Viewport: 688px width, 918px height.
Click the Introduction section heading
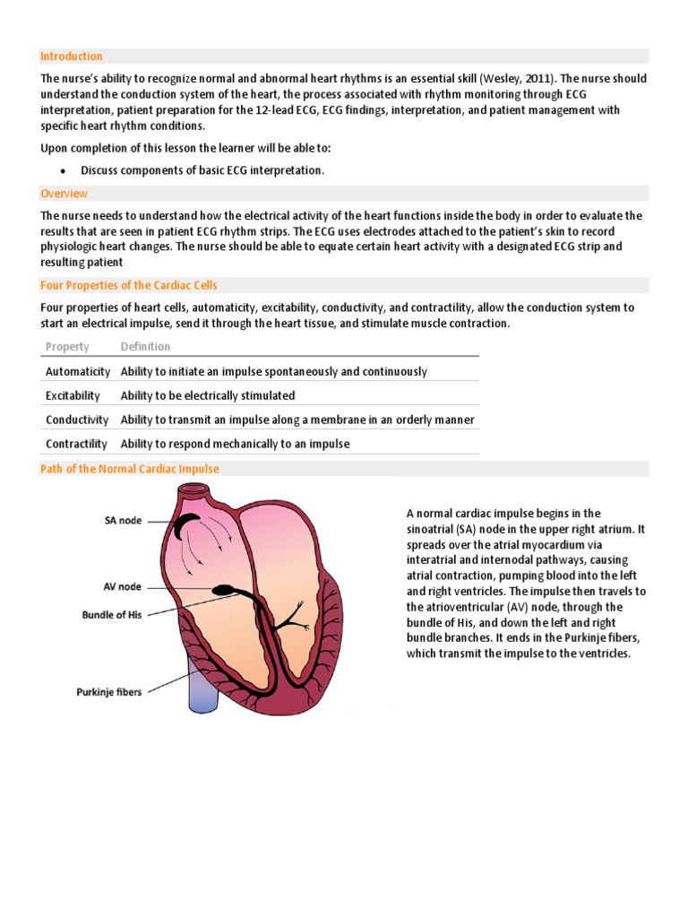pos(72,56)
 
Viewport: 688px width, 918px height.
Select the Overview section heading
pos(64,193)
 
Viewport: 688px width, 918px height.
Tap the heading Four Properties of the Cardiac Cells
pos(129,285)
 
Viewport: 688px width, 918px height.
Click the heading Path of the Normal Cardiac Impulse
pos(130,469)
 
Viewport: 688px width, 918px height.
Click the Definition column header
pos(145,347)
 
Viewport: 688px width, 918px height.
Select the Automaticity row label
pos(78,371)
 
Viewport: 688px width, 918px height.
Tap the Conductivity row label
pos(77,420)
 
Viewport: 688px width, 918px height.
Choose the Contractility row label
pos(77,444)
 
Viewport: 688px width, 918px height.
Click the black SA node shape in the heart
pos(187,527)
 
